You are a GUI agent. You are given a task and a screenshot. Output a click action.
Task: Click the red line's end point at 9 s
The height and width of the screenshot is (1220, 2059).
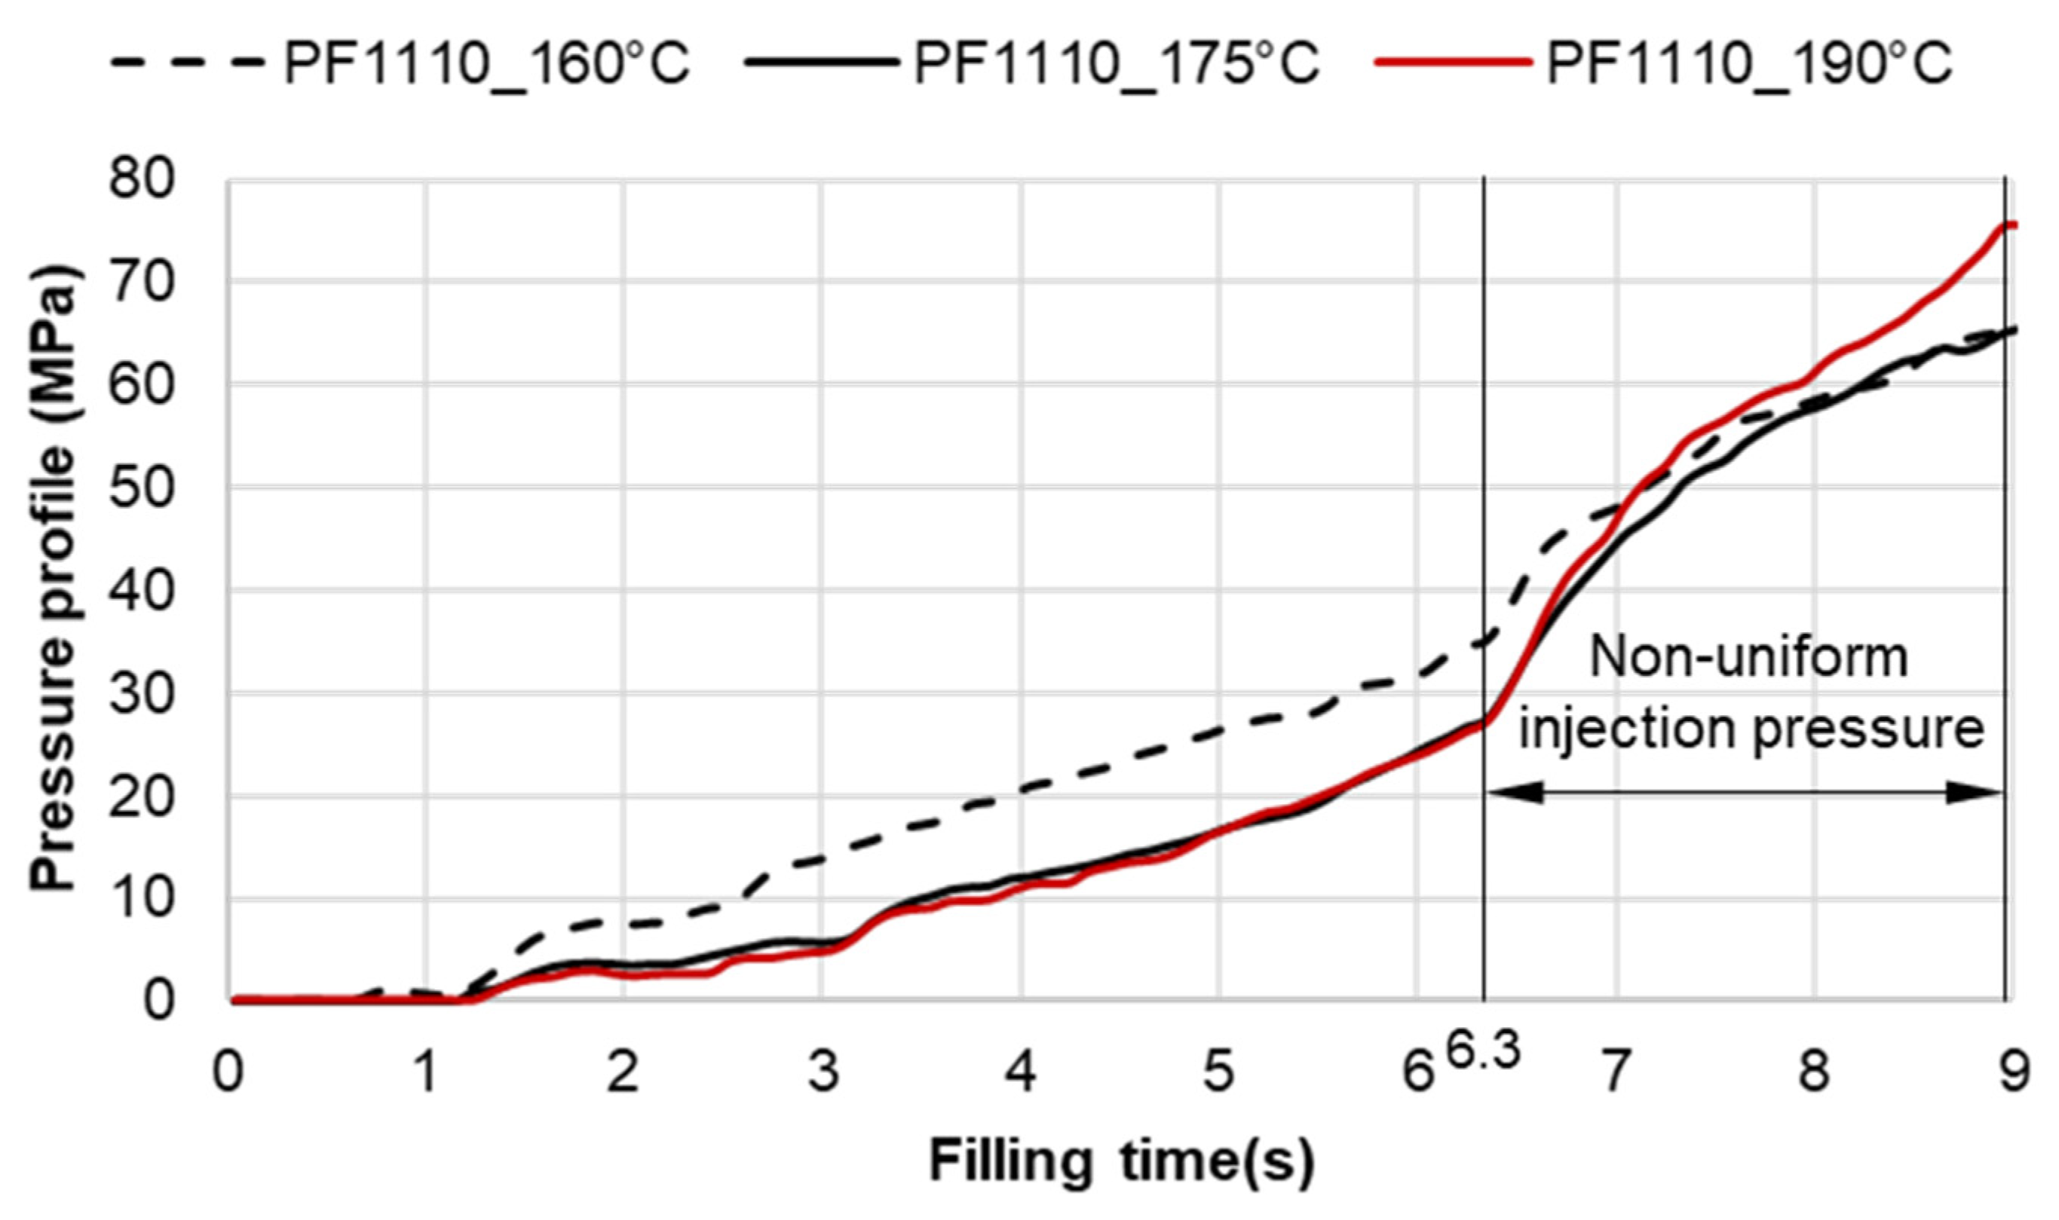(x=2006, y=225)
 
